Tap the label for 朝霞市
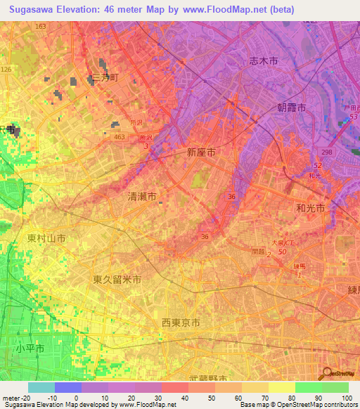click(x=289, y=108)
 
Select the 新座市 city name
click(x=200, y=151)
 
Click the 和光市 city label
click(x=309, y=208)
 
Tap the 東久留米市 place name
click(x=117, y=279)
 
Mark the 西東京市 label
click(x=181, y=323)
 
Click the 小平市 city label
click(x=30, y=349)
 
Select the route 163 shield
click(x=40, y=26)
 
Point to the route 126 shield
click(x=6, y=70)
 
